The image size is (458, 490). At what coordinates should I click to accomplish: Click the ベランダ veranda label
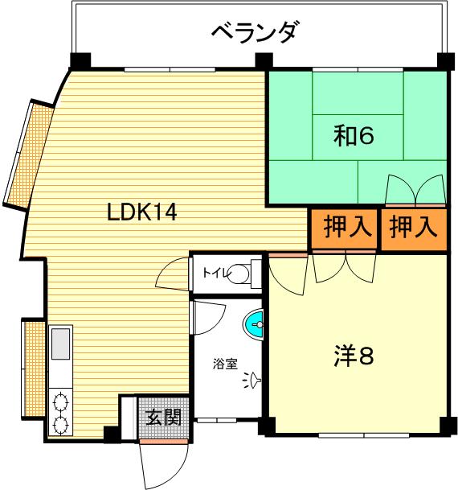[x=253, y=32]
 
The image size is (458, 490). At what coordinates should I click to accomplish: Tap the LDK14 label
[x=142, y=212]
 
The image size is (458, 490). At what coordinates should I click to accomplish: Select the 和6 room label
[x=354, y=135]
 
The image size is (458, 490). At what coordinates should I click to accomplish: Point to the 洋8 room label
[x=354, y=356]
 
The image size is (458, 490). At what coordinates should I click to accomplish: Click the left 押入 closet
[x=346, y=229]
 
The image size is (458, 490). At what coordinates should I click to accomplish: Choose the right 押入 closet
[x=414, y=229]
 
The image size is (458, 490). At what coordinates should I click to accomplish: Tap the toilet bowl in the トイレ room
[x=239, y=274]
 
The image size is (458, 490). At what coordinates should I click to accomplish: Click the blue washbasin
[x=254, y=324]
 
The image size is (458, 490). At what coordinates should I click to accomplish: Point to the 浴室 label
[x=225, y=364]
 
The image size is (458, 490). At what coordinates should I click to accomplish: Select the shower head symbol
[x=253, y=380]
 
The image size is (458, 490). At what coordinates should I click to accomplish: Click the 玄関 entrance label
[x=163, y=417]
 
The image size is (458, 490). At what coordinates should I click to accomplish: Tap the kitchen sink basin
[x=60, y=344]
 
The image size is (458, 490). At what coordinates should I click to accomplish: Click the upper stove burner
[x=60, y=401]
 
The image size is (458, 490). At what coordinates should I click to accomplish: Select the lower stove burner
[x=60, y=424]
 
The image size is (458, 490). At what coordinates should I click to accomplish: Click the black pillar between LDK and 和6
[x=264, y=61]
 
